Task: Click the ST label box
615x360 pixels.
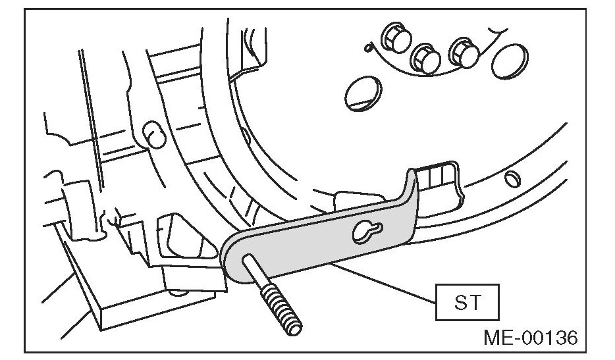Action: tap(467, 304)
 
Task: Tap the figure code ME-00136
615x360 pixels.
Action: tap(531, 338)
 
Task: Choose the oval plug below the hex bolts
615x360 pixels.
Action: tap(362, 90)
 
